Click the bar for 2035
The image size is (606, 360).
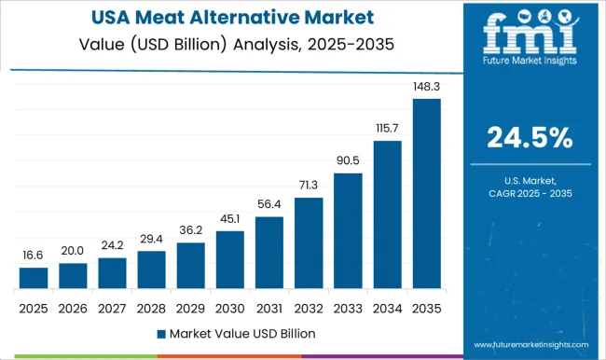click(x=426, y=194)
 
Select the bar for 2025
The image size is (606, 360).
click(x=34, y=278)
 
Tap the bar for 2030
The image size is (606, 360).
click(x=229, y=260)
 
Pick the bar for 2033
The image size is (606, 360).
click(x=348, y=230)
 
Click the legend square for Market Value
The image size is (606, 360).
click(x=161, y=333)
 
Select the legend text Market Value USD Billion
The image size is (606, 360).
click(x=241, y=333)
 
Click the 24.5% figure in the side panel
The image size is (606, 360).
click(x=530, y=138)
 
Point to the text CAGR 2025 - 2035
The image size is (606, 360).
click(x=530, y=192)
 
